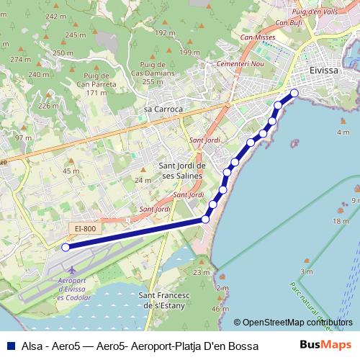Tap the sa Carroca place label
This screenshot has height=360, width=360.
[x=163, y=109]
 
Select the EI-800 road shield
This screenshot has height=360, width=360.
[x=84, y=228]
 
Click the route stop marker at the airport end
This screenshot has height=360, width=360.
[x=65, y=247]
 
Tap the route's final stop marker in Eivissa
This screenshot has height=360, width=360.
[x=294, y=93]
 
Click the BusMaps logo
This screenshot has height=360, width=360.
[x=328, y=345]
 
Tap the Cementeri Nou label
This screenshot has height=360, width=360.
[x=225, y=63]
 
